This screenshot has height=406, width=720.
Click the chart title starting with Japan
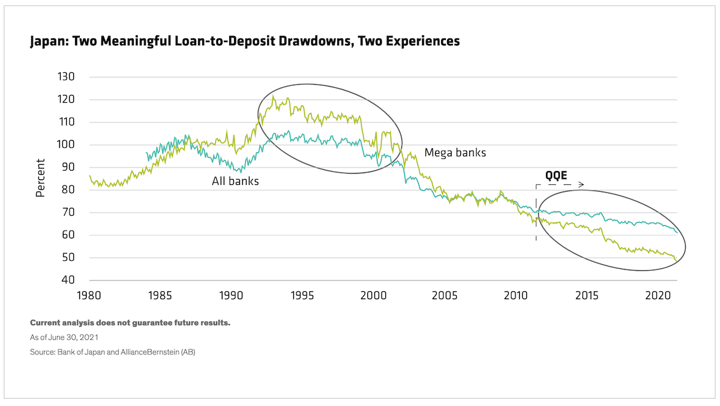click(x=245, y=41)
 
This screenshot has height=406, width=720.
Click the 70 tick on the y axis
click(x=66, y=213)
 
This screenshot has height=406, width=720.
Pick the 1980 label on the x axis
click(x=89, y=295)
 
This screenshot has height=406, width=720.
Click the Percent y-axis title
click(x=41, y=178)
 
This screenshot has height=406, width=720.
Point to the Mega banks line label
click(x=455, y=153)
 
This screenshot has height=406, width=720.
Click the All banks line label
click(x=235, y=181)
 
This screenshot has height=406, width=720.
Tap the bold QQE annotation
click(x=556, y=176)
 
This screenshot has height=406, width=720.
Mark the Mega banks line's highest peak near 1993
click(x=273, y=95)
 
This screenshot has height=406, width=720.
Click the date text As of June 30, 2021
click(x=64, y=338)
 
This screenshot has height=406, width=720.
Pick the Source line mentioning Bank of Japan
click(x=112, y=352)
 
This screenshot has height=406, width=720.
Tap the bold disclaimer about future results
click(x=130, y=323)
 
